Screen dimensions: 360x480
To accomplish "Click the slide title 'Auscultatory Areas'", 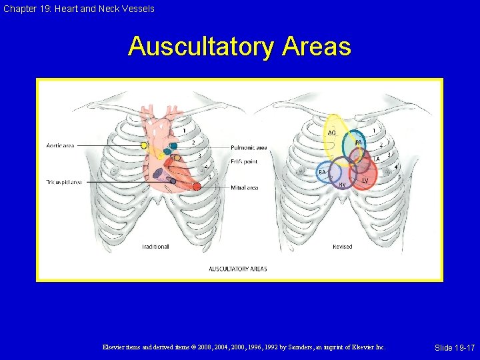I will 239,47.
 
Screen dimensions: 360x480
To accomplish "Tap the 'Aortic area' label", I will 60,145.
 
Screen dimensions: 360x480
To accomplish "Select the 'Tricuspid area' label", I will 64,181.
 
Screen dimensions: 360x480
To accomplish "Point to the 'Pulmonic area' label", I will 249,147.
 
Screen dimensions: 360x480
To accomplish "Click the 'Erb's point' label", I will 245,161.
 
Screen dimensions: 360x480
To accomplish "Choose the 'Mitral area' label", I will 244,188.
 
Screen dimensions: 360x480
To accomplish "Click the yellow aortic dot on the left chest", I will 144,145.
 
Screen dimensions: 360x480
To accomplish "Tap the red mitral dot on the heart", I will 197,187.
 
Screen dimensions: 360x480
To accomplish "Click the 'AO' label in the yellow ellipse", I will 331,133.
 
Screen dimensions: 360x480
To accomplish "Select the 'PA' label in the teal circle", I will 358,143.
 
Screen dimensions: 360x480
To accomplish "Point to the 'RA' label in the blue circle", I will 322,172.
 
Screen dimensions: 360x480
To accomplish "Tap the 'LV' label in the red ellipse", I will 365,180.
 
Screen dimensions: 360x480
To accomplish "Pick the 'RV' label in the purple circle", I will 342,184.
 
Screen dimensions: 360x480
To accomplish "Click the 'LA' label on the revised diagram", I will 376,159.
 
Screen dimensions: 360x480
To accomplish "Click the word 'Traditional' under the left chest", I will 155,247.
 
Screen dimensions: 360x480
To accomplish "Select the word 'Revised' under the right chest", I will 342,247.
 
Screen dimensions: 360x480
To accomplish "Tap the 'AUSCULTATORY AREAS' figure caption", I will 238,269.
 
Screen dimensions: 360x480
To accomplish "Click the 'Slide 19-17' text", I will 454,348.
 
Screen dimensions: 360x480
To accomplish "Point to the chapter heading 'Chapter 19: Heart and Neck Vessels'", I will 78,9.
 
